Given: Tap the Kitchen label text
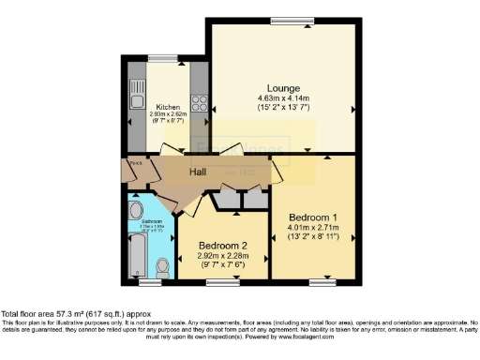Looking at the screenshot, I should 168,106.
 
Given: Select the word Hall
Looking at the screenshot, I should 199,172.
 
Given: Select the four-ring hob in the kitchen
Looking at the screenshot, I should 199,97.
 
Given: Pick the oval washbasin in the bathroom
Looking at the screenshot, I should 134,210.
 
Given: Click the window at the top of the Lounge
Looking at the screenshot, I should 281,22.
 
